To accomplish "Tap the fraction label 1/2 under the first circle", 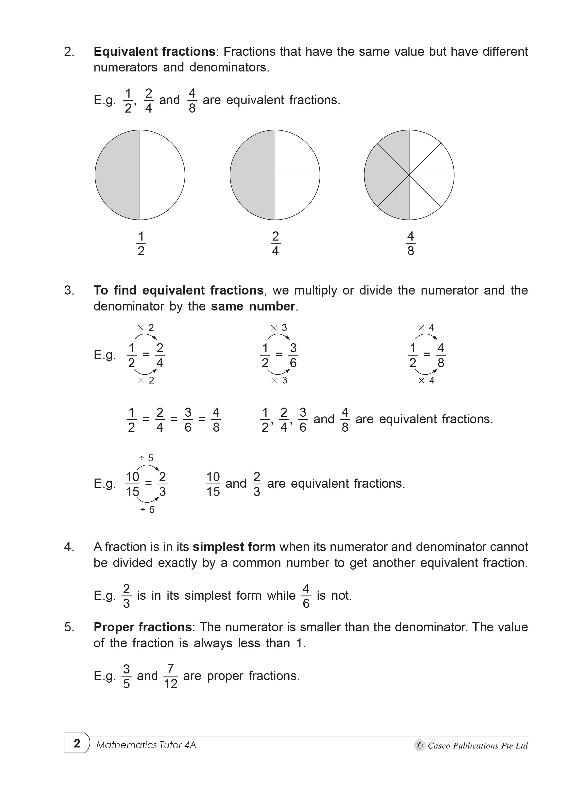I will [141, 244].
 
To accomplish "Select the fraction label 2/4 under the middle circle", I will [275, 244].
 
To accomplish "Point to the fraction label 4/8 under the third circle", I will [410, 244].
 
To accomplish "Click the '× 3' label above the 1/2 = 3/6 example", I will [279, 327].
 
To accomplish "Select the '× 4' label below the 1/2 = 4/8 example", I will [426, 380].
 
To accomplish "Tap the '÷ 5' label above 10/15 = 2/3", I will [146, 458].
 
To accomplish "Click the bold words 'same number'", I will [253, 306].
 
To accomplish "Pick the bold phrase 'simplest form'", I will [234, 546].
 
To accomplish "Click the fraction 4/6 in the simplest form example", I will [306, 596].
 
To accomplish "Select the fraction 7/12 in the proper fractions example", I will [170, 677].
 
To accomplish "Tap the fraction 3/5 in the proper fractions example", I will [127, 677].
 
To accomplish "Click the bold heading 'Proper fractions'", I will [143, 627].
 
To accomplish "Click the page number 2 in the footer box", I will [77, 743].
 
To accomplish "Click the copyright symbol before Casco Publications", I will [420, 745].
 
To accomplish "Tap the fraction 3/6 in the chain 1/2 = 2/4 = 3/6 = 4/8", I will [188, 419].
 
